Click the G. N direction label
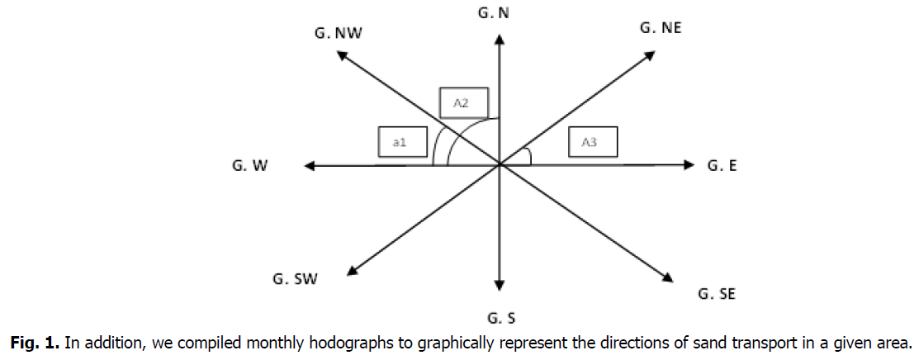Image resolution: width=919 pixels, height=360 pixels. tap(499, 13)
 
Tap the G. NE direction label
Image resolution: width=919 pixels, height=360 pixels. tap(661, 27)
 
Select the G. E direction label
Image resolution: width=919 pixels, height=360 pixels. tap(722, 166)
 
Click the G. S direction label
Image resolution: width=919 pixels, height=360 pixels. tap(499, 317)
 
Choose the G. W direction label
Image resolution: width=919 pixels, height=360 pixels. tap(249, 166)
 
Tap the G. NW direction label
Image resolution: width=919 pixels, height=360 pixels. tap(339, 34)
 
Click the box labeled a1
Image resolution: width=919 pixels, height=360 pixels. tap(401, 142)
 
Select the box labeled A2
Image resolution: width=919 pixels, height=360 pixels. tap(464, 102)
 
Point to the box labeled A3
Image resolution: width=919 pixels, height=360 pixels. tap(593, 142)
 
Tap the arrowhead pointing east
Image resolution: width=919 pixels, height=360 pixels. tap(690, 165)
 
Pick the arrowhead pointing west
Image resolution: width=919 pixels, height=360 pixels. tap(309, 166)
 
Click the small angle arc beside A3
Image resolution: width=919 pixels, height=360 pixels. tap(528, 155)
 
